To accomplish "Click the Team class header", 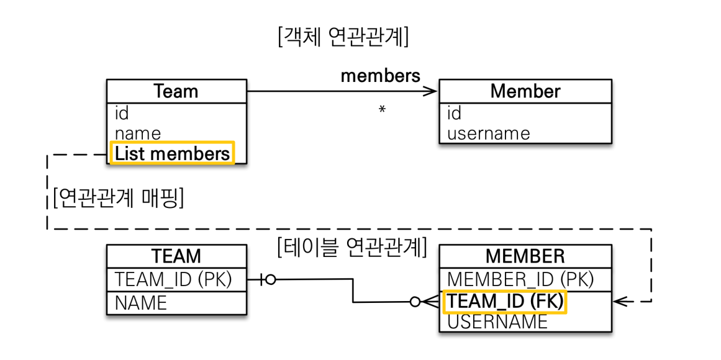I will tap(176, 92).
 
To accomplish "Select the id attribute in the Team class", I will tap(122, 113).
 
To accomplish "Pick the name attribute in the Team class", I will tap(137, 133).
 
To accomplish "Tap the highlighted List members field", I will tap(171, 153).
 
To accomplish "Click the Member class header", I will tap(525, 92).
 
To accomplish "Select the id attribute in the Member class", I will tap(454, 113).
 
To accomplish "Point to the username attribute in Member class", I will tap(488, 133).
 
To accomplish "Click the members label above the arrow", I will tap(380, 76).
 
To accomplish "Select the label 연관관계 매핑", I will tap(119, 199).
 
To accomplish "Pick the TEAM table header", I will tap(176, 256).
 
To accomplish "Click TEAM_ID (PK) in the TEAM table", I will tap(173, 280).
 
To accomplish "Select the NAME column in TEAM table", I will tap(141, 303).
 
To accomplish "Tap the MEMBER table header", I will tap(525, 256).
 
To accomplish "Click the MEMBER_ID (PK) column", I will tap(520, 279).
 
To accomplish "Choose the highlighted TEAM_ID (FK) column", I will tap(505, 302).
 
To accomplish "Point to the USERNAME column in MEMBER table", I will tap(497, 322).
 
